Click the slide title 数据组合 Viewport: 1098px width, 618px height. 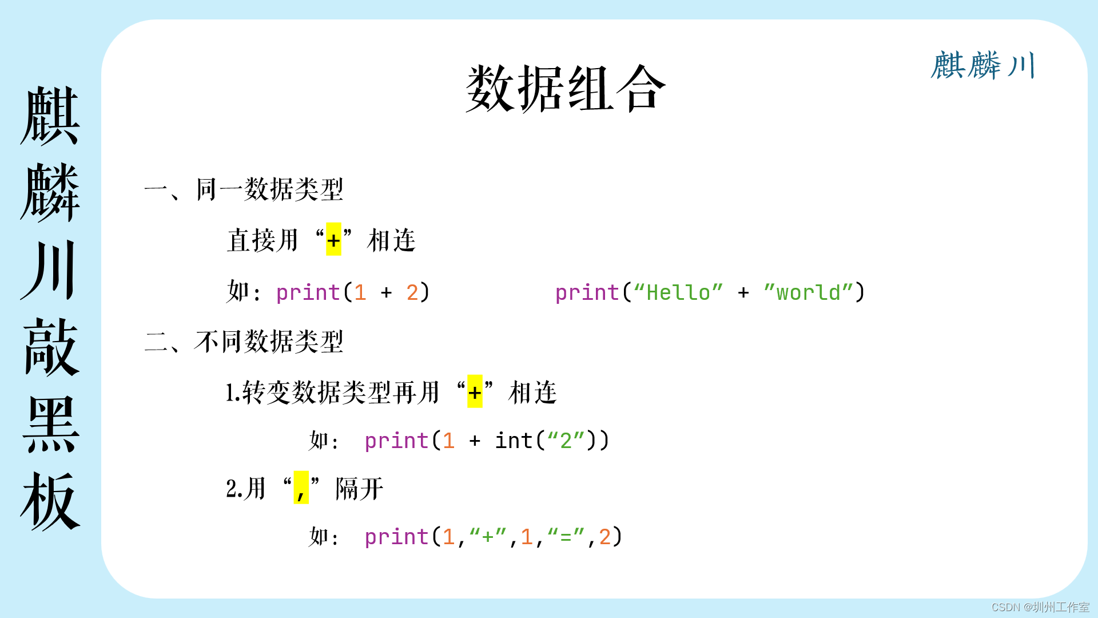[x=566, y=89]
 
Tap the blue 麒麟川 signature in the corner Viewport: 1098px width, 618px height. [x=983, y=65]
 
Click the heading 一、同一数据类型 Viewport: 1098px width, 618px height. [x=244, y=189]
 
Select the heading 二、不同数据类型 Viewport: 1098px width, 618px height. [x=244, y=342]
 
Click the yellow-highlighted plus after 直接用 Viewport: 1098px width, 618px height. [x=333, y=240]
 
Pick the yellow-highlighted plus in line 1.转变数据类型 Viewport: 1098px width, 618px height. [x=475, y=392]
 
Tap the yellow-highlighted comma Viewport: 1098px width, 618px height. [x=301, y=488]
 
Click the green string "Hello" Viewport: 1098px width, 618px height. [x=678, y=292]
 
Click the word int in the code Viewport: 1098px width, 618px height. [x=514, y=441]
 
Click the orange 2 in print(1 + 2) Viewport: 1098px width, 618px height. [x=412, y=292]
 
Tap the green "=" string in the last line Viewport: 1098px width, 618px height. [x=566, y=537]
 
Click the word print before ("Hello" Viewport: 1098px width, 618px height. [x=587, y=292]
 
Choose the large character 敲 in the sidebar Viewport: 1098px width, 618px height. [x=51, y=347]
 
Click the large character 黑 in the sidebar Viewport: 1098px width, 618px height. [x=51, y=424]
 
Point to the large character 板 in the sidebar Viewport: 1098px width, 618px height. [x=51, y=501]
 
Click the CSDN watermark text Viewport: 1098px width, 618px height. [x=1040, y=607]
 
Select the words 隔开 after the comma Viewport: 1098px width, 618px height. [x=360, y=489]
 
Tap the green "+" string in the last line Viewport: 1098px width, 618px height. [x=488, y=537]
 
